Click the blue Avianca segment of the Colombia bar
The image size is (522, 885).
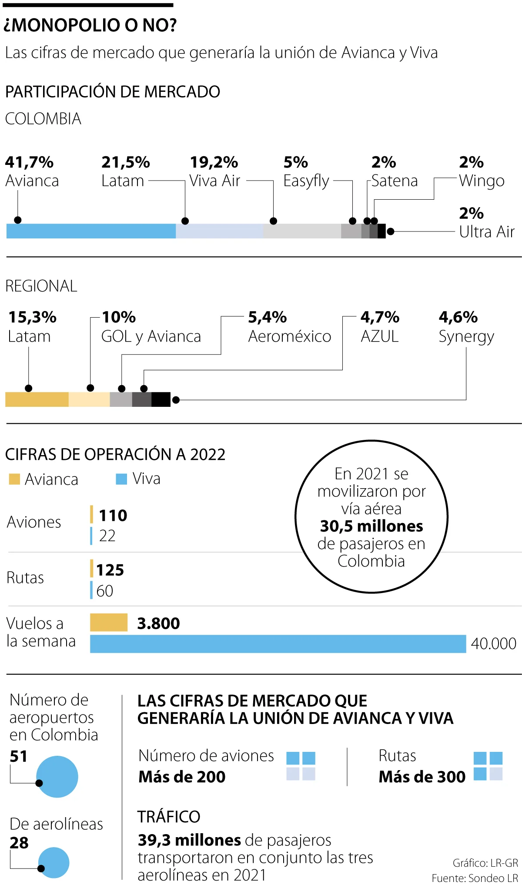(91, 231)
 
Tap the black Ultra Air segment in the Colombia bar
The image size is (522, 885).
(381, 231)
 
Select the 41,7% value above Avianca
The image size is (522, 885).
(29, 162)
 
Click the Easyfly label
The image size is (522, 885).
(306, 181)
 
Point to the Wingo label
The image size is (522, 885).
(482, 181)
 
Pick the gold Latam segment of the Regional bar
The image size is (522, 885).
(37, 399)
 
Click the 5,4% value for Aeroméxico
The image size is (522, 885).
(267, 317)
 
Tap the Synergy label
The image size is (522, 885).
(466, 337)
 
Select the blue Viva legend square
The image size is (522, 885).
(121, 479)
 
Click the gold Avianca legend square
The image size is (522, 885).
(14, 479)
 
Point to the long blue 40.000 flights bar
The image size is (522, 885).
(278, 644)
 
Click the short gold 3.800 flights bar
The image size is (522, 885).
(109, 623)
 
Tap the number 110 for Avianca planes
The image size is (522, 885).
(113, 516)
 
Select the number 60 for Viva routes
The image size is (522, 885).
(105, 591)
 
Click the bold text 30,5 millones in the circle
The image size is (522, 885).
(371, 526)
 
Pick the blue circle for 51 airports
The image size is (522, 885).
(57, 777)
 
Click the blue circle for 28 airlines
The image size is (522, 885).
(54, 862)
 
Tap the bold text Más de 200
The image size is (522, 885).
(182, 777)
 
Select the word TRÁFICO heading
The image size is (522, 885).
(169, 817)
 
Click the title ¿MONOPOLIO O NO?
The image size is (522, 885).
(90, 25)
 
